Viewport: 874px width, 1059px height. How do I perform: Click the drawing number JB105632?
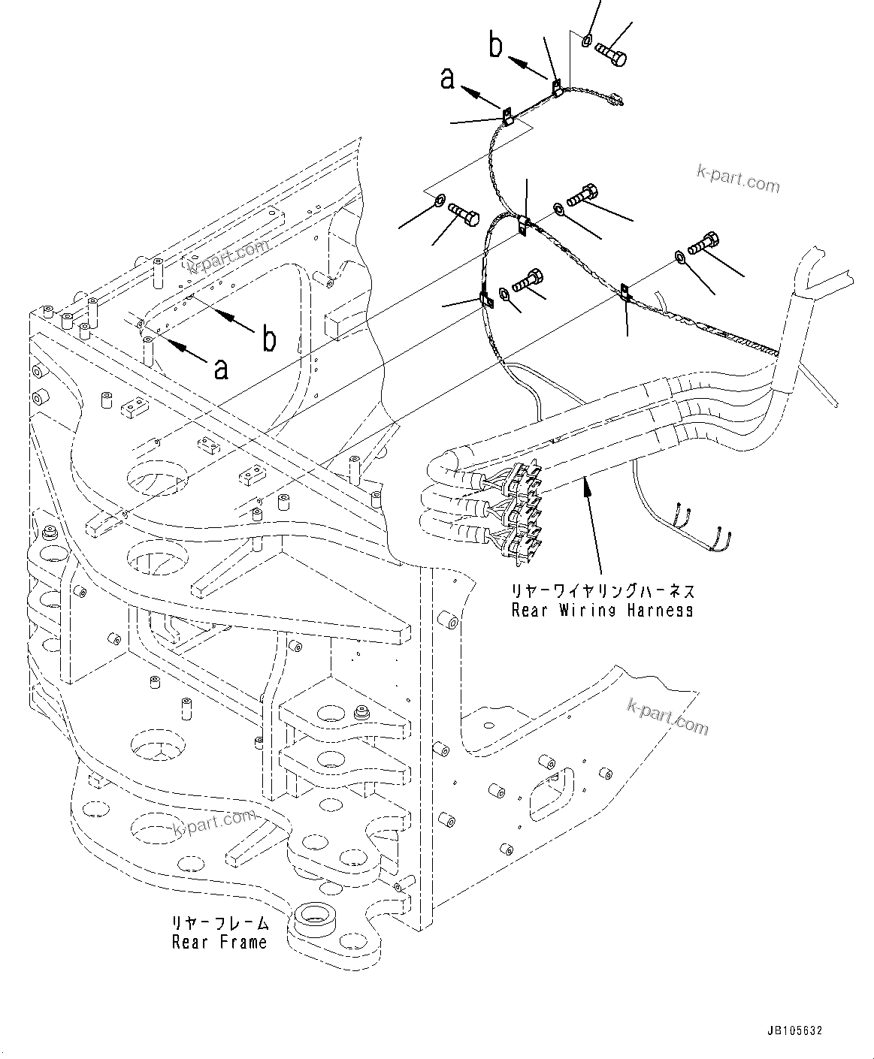pyautogui.click(x=795, y=1030)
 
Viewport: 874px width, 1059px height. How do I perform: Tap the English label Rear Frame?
pyautogui.click(x=219, y=942)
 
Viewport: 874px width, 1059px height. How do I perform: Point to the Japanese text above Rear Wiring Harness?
pyautogui.click(x=603, y=591)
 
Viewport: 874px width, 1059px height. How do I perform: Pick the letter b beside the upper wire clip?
pyautogui.click(x=496, y=45)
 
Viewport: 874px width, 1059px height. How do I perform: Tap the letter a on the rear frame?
pyautogui.click(x=220, y=368)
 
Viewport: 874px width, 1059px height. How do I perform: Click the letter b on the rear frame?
pyautogui.click(x=268, y=339)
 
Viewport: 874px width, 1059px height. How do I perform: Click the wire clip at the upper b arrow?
pyautogui.click(x=557, y=88)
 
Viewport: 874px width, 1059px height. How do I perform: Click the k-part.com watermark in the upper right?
pyautogui.click(x=738, y=180)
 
